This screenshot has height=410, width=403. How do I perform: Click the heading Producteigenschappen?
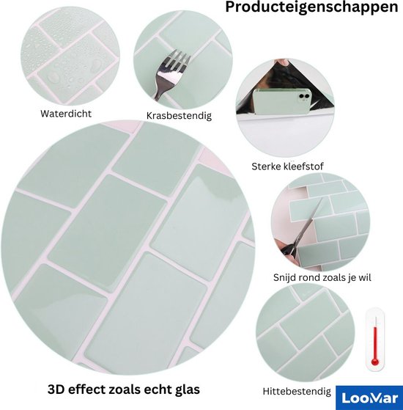[x=311, y=7]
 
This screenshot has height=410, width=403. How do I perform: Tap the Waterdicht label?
[x=66, y=114]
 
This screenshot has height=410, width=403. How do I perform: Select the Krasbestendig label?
[x=179, y=116]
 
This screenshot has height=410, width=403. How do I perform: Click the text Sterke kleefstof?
[x=287, y=166]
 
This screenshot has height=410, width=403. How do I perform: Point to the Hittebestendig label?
[x=297, y=392]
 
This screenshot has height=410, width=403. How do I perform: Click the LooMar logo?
[x=369, y=398]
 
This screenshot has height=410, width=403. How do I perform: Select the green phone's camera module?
[x=304, y=97]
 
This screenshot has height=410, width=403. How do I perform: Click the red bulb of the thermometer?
[x=375, y=362]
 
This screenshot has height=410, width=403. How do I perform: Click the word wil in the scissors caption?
[x=365, y=277]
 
